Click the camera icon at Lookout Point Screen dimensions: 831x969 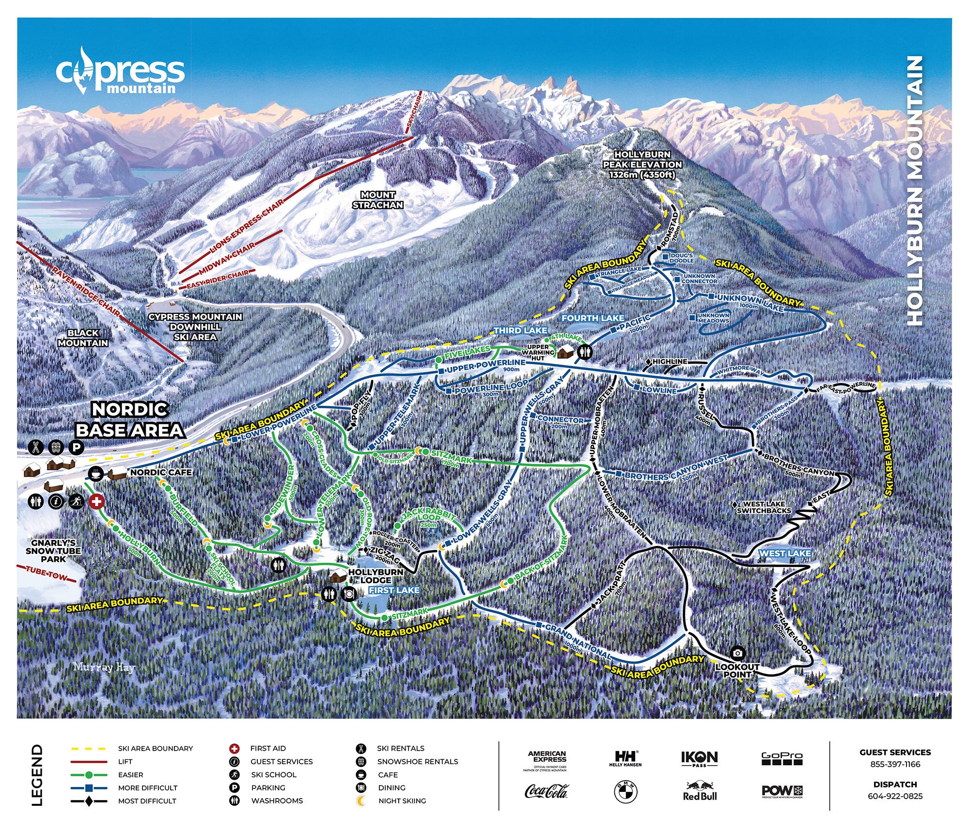(737, 653)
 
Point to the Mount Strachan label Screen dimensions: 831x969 (377, 200)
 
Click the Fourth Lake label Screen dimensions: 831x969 (593, 318)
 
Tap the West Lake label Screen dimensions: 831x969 (784, 553)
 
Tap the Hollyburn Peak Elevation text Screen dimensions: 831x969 (642, 165)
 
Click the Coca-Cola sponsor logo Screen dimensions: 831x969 (546, 791)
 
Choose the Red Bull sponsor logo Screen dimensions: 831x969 (699, 791)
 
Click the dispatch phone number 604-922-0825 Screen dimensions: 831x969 (895, 796)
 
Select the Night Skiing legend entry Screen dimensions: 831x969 (402, 800)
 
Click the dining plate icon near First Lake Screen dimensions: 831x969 (348, 593)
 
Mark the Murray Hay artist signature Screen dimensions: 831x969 (104, 667)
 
